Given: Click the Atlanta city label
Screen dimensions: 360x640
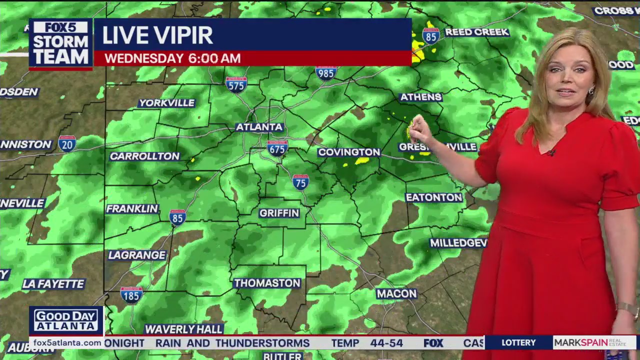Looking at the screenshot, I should (x=259, y=127).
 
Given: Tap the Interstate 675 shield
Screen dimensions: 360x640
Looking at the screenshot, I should (x=277, y=147).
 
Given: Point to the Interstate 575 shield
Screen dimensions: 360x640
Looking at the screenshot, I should (x=236, y=84).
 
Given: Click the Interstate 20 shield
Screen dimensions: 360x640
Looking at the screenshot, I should (x=67, y=143).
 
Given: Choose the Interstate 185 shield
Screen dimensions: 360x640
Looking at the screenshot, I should (x=131, y=294).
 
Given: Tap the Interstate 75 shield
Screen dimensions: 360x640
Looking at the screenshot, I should (x=300, y=182).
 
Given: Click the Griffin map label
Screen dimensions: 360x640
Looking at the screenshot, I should (x=279, y=213).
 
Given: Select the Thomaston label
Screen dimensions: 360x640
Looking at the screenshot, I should (x=267, y=283).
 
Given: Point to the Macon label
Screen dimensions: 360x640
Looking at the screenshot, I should (x=396, y=293).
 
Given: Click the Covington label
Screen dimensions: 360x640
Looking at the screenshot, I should (x=349, y=152).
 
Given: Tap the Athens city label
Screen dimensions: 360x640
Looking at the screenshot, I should (x=421, y=97).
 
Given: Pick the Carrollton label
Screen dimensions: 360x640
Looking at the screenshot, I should (x=144, y=156).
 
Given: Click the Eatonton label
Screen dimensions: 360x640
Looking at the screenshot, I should (x=433, y=197).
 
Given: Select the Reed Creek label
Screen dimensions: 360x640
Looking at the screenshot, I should (x=476, y=32).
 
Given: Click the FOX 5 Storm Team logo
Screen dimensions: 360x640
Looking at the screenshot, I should (x=60, y=44).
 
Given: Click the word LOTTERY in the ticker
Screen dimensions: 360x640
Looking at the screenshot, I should (x=518, y=343).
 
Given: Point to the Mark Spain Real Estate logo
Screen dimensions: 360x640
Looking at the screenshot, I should (x=594, y=343).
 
